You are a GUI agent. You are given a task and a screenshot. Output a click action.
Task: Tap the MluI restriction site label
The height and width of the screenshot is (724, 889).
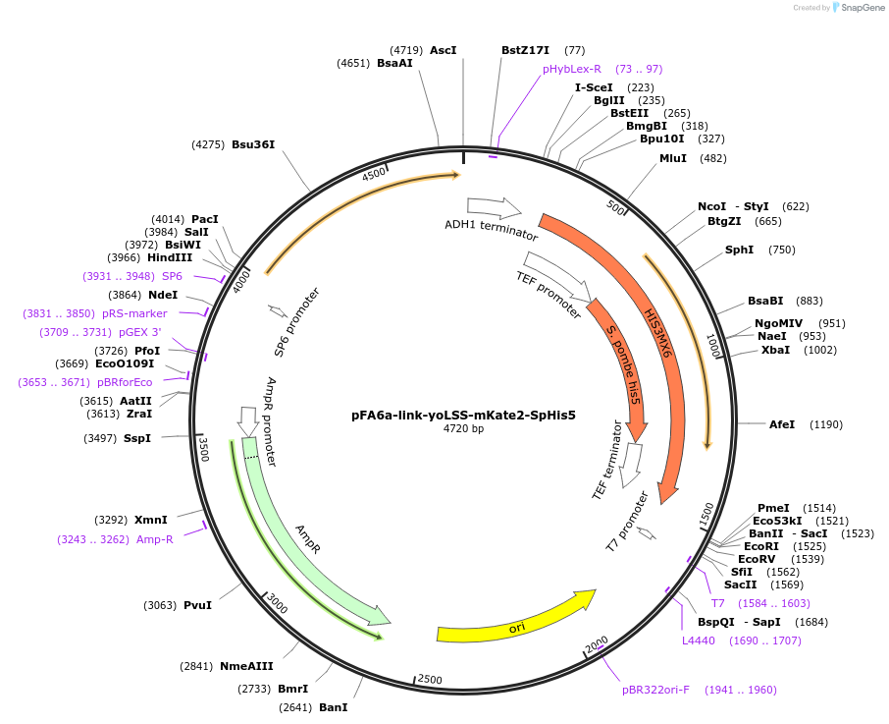[673, 158]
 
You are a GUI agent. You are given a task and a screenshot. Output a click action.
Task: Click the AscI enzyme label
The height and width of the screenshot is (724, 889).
[444, 49]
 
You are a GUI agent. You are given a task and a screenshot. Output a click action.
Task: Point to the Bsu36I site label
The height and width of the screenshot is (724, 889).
[253, 144]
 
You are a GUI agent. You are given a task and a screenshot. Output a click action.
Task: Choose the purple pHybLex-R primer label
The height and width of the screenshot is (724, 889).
[572, 69]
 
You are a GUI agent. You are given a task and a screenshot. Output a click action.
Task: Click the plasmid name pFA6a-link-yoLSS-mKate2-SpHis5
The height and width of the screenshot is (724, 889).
[463, 415]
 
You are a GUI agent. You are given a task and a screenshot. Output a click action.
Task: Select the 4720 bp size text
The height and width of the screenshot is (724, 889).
[463, 429]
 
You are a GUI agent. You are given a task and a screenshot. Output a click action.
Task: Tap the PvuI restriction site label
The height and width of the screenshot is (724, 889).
[197, 605]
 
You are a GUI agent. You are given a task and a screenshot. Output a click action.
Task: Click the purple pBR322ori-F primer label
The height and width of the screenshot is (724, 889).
[655, 690]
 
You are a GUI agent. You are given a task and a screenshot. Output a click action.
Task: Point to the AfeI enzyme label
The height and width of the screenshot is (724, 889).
[782, 424]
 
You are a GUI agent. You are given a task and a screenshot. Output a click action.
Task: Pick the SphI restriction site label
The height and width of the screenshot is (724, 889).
[740, 250]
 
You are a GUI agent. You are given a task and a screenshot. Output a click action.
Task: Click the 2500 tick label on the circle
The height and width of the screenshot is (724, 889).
[430, 680]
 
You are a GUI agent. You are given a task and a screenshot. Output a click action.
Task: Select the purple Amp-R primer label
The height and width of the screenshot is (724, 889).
[155, 538]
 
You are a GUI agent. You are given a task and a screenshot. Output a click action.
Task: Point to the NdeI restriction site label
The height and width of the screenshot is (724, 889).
[163, 295]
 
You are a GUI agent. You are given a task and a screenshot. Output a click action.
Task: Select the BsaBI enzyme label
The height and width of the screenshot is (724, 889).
[765, 301]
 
